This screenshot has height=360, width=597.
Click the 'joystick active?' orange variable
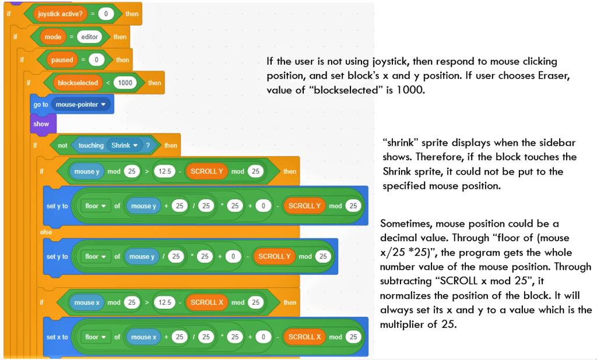coord(61,13)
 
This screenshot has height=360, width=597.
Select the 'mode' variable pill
coord(53,37)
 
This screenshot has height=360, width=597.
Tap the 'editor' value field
coord(89,37)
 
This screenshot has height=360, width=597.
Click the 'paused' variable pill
coord(62,59)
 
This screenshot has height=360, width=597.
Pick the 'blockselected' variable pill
coord(78,83)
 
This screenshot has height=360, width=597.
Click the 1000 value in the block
coord(125,83)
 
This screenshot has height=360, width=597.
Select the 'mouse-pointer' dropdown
coord(81,105)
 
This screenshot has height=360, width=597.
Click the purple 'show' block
coord(41,123)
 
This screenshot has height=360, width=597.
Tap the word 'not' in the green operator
coord(62,146)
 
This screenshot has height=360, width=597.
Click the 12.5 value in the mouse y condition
coord(165,172)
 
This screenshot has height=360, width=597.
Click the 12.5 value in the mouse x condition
coord(165,302)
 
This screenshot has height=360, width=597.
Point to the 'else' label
coord(46,232)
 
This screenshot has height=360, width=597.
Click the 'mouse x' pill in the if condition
coord(87,302)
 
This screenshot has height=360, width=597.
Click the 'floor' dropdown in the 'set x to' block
coord(96,337)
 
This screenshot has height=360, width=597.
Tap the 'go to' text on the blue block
coord(41,105)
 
